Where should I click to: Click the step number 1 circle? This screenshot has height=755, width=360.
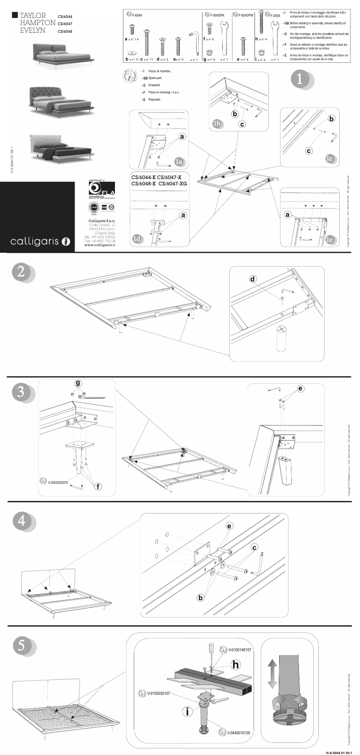coord(300,79)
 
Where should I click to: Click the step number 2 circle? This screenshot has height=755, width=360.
coord(21,272)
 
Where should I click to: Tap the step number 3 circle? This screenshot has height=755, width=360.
coord(21,392)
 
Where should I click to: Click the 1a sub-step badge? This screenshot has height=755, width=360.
coord(179,162)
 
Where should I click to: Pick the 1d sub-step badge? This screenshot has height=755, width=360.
coord(138,239)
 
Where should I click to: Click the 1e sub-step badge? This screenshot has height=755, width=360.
coord(330,240)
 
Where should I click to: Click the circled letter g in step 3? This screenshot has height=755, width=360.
coord(78,383)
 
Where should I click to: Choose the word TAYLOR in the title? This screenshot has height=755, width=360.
coord(33,15)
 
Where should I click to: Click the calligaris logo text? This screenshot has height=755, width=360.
coord(35,241)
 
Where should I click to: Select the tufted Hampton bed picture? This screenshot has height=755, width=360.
coord(61,98)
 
